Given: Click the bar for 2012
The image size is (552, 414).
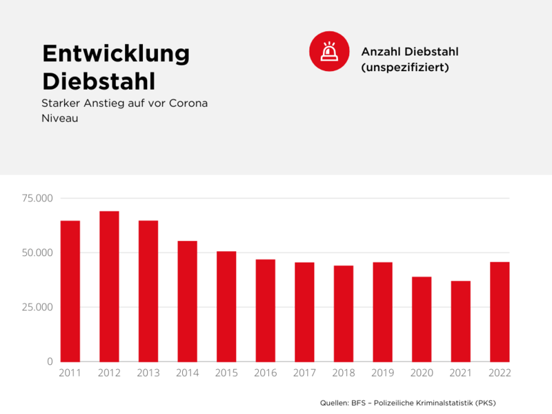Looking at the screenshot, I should click(x=109, y=286).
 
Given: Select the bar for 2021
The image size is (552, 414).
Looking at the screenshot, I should click(x=460, y=321).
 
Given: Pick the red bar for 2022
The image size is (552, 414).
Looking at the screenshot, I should click(x=500, y=311).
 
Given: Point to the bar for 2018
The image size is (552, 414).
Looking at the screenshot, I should click(x=344, y=313).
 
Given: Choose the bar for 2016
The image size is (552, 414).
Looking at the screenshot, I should click(x=266, y=310).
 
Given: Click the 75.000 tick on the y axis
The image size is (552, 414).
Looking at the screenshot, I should click(x=37, y=199).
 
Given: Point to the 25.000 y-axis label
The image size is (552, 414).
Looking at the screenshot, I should click(x=37, y=307).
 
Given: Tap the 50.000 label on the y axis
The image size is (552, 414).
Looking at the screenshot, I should click(x=37, y=253).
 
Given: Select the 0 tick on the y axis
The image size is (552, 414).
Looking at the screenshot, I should click(x=49, y=362).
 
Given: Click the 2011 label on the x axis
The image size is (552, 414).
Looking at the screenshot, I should click(x=70, y=373).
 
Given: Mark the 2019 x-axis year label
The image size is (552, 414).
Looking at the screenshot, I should click(x=382, y=373).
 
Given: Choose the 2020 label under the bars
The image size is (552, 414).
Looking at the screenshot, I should click(x=422, y=373).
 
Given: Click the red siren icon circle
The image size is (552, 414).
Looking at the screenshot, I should click(x=328, y=52).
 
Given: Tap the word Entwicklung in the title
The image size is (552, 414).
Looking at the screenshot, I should click(x=116, y=54).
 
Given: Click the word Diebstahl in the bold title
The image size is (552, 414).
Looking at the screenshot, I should click(x=99, y=81).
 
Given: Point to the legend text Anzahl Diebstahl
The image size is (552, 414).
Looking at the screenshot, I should click(x=410, y=52).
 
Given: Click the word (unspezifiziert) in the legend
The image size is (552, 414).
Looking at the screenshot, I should click(x=405, y=68).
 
